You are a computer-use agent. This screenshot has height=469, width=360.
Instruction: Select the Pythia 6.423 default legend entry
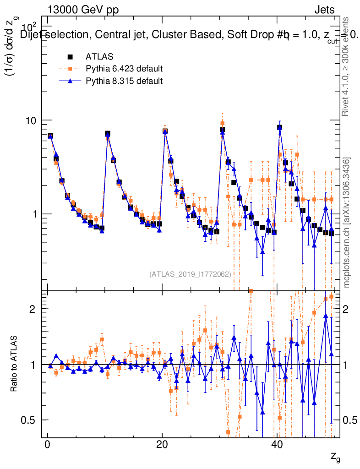[124, 69]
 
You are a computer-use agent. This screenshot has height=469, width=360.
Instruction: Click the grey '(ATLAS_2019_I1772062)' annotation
[190, 274]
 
